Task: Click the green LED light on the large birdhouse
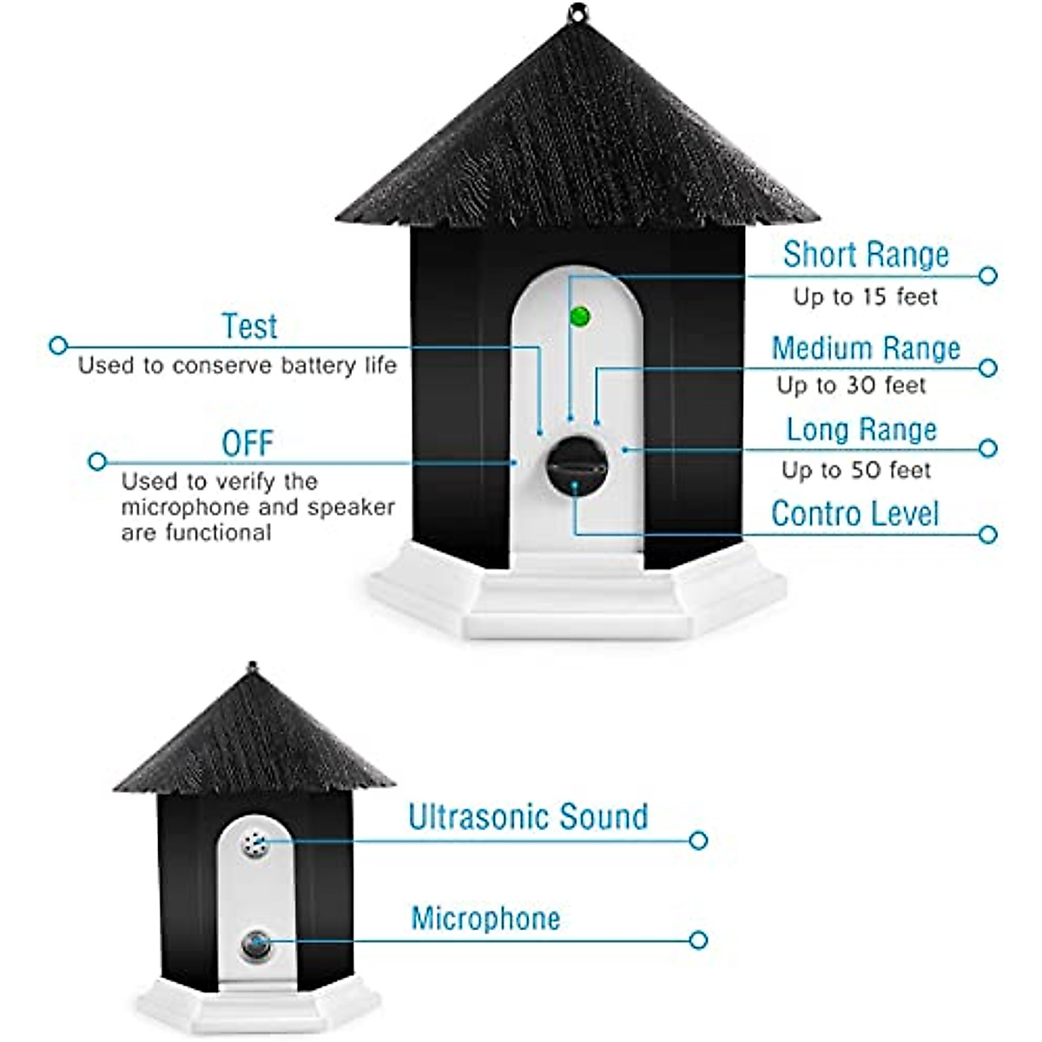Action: tap(580, 316)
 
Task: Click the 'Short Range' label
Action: tap(866, 254)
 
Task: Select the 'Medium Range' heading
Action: tap(866, 348)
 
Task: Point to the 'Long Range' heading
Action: tap(861, 430)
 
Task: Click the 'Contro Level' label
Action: tap(854, 514)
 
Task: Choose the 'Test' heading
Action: tap(249, 326)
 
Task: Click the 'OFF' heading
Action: tap(247, 444)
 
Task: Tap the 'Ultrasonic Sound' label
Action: tap(528, 817)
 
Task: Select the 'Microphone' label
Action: tap(485, 919)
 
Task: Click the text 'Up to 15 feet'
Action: tap(865, 297)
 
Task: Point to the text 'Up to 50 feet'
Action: tap(855, 471)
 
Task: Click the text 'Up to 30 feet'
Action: tap(851, 386)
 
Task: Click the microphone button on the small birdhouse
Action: tap(255, 945)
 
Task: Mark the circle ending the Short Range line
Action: tap(987, 275)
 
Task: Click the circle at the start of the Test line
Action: tap(58, 346)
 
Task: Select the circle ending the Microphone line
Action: tap(698, 940)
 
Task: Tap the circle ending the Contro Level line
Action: tap(987, 534)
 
